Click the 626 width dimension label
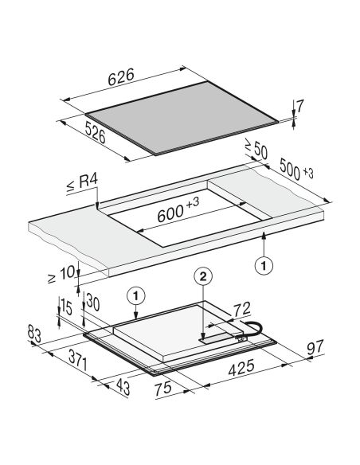coord(121,76)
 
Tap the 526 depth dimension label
coord(96,132)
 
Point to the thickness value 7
coord(299,107)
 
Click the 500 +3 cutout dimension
coord(296,170)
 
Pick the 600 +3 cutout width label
coord(178,210)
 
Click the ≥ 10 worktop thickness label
coord(61,275)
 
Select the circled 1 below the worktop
coord(264,265)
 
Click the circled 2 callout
coord(203,277)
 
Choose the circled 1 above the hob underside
coord(136,296)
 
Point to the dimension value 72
coord(242,309)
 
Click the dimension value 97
coord(315,348)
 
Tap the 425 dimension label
coord(241,368)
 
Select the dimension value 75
coord(162,389)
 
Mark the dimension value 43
coord(123,387)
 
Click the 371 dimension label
coord(78,360)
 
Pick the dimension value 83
coord(34,334)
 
